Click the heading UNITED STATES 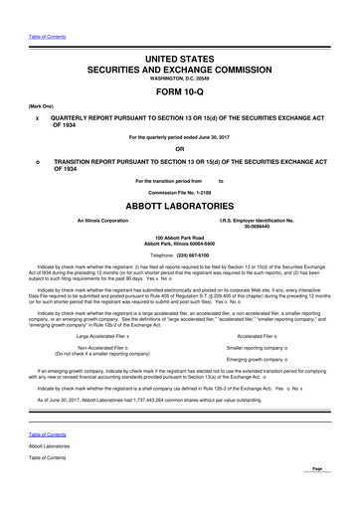(x=179, y=62)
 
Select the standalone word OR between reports (x=179, y=150)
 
